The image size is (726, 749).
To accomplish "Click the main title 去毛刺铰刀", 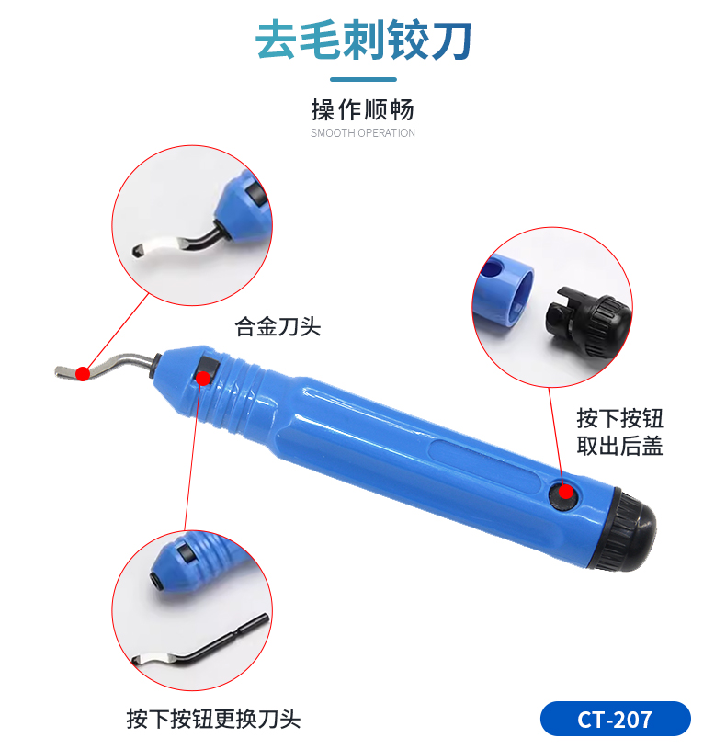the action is pos(364,40).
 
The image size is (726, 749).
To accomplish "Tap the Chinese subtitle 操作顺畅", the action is pos(363,110).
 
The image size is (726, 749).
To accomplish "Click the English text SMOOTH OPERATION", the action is pos(363,132).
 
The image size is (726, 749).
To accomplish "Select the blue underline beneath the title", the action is pos(364,79).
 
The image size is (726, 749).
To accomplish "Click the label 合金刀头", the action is pos(278,327).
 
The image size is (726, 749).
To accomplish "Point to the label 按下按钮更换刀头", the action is pos(213,719).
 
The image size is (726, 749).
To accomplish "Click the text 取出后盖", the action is pos(619,446).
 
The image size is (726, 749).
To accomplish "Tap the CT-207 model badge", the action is pos(615,719).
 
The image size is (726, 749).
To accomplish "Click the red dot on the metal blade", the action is pos(83,373).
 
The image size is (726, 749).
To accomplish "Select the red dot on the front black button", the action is pos(203,378).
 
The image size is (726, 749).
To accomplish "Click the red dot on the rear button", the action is pos(566,492).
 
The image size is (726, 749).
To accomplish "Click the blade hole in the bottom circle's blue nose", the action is pos(154,579).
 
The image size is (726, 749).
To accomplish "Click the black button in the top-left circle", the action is pos(255,195).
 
